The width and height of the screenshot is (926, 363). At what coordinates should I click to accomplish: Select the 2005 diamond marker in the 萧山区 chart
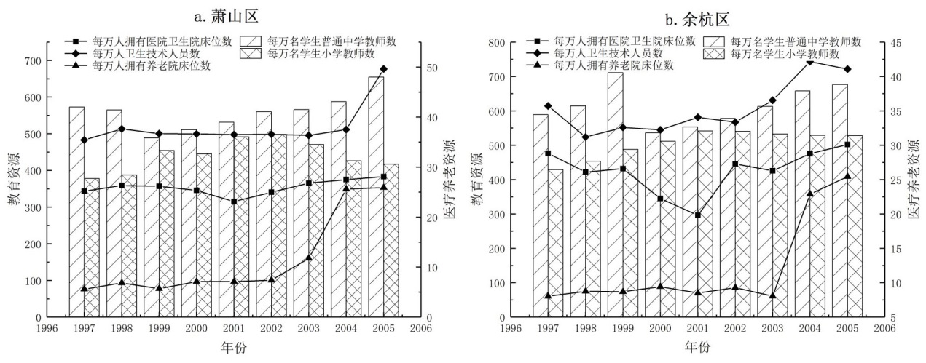[x=384, y=69]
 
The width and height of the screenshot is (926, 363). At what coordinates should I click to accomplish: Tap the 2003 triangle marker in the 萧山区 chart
[x=309, y=258]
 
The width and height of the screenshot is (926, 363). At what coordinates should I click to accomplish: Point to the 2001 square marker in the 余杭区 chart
[x=698, y=215]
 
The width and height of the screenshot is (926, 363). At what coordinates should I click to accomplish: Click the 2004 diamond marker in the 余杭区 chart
[x=809, y=62]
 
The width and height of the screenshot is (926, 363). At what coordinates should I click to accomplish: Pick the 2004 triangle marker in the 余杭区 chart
[x=809, y=194]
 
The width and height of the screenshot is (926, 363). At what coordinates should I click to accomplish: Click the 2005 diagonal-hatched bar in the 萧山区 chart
[x=376, y=196]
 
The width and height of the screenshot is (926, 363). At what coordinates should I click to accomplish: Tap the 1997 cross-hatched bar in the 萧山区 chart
[x=92, y=247]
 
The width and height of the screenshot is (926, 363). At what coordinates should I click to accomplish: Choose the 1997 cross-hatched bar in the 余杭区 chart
[x=555, y=243]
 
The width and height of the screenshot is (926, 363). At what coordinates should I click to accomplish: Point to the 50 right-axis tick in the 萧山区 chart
[x=432, y=68]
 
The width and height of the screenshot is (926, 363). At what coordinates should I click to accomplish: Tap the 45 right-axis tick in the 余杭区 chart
[x=895, y=43]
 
